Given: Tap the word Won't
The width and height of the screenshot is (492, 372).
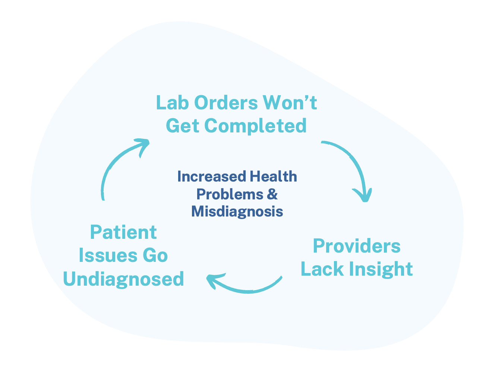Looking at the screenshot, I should click(290, 103).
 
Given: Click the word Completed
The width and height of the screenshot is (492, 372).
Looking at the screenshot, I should click(256, 126).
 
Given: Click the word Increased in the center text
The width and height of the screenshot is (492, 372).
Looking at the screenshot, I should click(211, 177).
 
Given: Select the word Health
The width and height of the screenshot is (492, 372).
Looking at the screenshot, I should click(273, 177).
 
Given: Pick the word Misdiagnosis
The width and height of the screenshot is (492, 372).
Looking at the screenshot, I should click(237, 211).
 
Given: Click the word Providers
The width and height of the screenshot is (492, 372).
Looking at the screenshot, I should click(357, 246).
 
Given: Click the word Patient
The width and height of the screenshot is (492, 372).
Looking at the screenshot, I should click(123, 232).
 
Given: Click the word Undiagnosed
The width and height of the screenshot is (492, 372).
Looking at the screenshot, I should click(123, 279).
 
